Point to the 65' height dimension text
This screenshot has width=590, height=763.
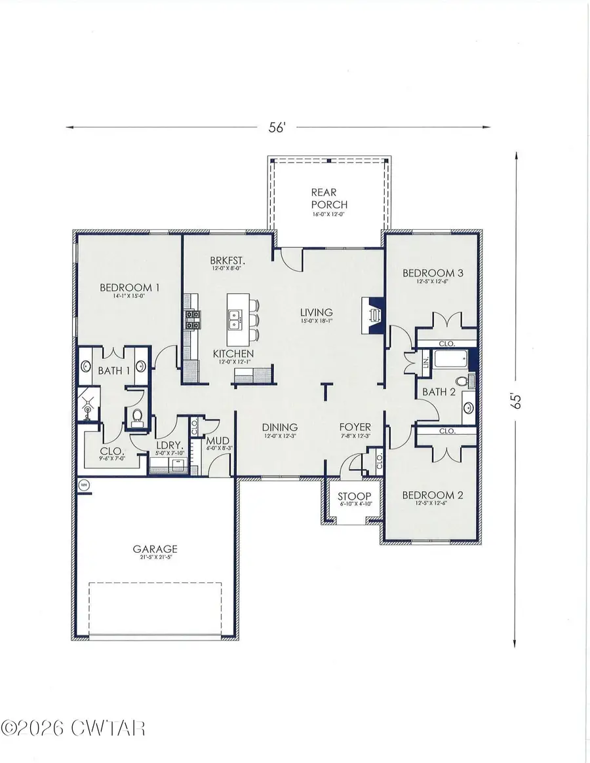(517, 401)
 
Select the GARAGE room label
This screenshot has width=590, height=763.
(155, 549)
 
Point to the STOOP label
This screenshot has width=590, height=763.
(354, 496)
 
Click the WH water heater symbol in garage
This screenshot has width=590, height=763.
(84, 485)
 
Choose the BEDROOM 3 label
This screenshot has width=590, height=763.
(433, 273)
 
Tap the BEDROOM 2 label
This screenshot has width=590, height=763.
(433, 495)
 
